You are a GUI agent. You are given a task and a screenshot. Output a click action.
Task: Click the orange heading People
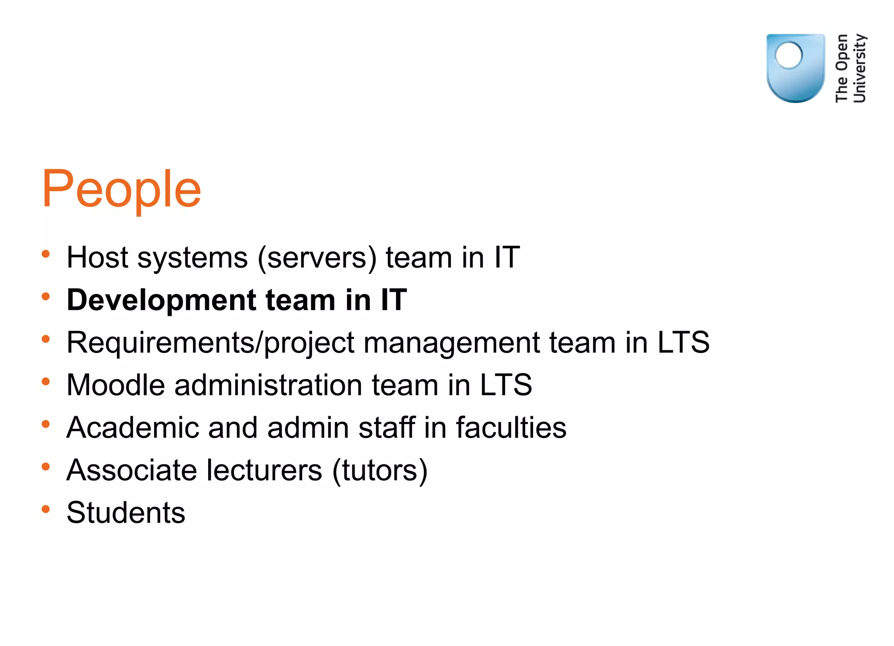(121, 190)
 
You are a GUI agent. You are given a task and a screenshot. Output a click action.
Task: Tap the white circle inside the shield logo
(789, 55)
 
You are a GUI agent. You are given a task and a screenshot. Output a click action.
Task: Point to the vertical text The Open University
(850, 68)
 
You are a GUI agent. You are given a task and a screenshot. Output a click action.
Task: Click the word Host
(97, 257)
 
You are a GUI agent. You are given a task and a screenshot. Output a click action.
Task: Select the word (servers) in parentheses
(317, 258)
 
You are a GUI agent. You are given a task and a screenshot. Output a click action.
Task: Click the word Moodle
(116, 385)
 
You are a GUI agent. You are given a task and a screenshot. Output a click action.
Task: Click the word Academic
(133, 428)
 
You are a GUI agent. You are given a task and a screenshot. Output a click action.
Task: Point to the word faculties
(511, 428)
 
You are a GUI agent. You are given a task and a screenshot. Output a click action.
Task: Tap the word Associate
(132, 470)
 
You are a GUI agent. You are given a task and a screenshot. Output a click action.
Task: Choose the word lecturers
(264, 470)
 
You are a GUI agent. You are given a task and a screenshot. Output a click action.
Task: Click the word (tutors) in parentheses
(380, 471)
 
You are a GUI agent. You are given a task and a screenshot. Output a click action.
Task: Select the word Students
(126, 513)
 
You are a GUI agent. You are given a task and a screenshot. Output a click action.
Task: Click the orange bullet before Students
(46, 509)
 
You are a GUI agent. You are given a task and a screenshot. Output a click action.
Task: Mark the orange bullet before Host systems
(46, 254)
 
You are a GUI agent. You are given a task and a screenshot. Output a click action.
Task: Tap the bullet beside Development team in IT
(46, 297)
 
